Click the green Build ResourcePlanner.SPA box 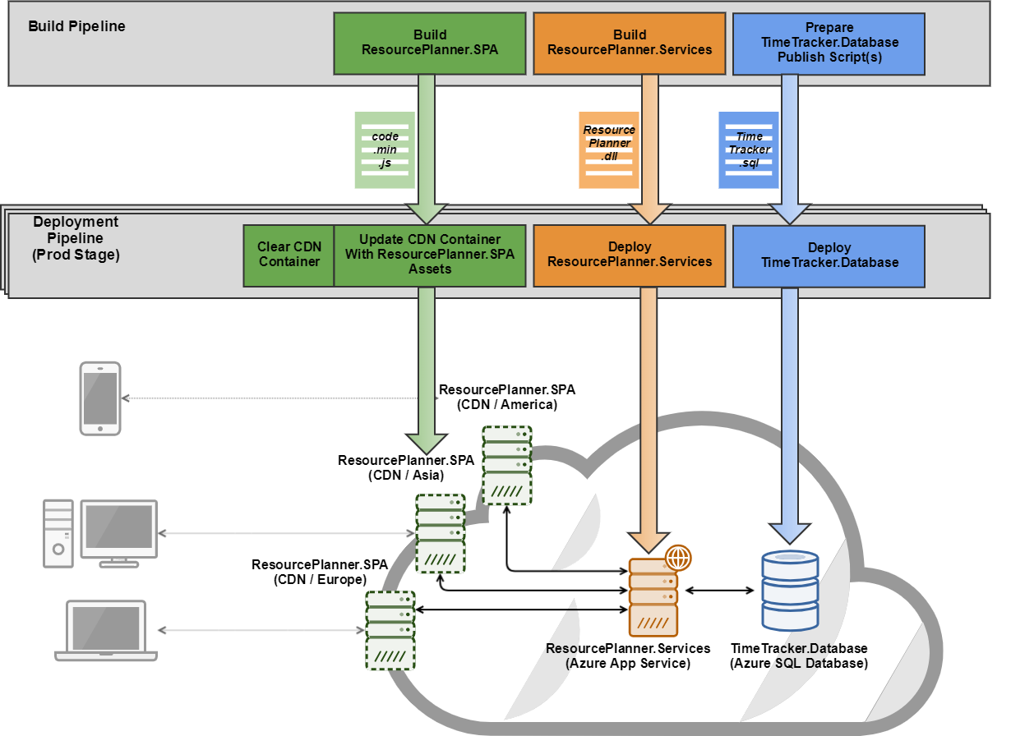tap(429, 43)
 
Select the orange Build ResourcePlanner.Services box tap(630, 43)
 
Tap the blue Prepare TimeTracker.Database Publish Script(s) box tap(829, 43)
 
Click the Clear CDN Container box tap(289, 255)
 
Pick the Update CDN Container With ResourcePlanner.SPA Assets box tap(429, 255)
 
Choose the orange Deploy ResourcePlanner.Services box tap(630, 255)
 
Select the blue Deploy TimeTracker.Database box tap(829, 255)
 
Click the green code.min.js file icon tap(385, 150)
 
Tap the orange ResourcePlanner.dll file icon tap(608, 150)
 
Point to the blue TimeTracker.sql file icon tap(749, 150)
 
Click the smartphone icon tap(99, 398)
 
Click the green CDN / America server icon tap(506, 465)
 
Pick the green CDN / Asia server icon tap(441, 534)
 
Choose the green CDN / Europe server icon tap(390, 631)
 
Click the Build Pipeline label tap(77, 26)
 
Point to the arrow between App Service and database tap(720, 591)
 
